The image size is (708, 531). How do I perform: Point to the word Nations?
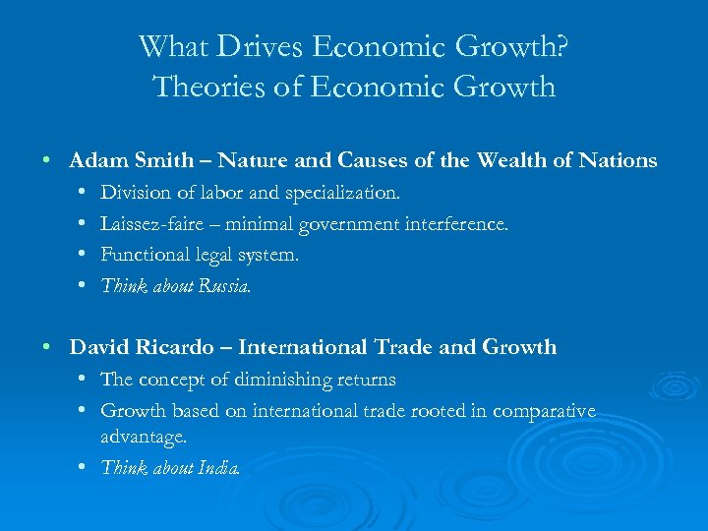pyautogui.click(x=613, y=159)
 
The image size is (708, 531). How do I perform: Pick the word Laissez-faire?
pyautogui.click(x=152, y=224)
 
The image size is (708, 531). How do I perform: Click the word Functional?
pyautogui.click(x=146, y=255)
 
